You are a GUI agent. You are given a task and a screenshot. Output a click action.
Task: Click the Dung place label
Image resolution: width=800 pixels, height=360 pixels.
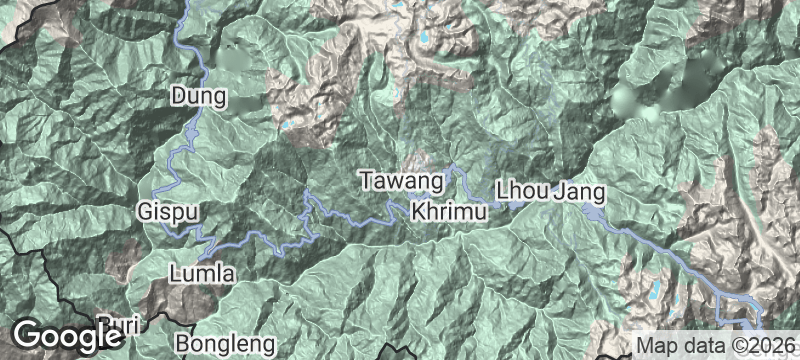(x=200, y=96)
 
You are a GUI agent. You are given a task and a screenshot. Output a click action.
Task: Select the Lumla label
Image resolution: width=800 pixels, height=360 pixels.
(x=202, y=273)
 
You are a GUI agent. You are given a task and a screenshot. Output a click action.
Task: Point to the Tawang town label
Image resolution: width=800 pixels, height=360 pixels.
(x=401, y=182)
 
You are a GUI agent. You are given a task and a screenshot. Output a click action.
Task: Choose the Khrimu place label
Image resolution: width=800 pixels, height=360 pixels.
(x=449, y=213)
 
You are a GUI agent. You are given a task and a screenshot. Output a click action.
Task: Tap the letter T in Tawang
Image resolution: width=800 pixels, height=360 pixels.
(x=367, y=182)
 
